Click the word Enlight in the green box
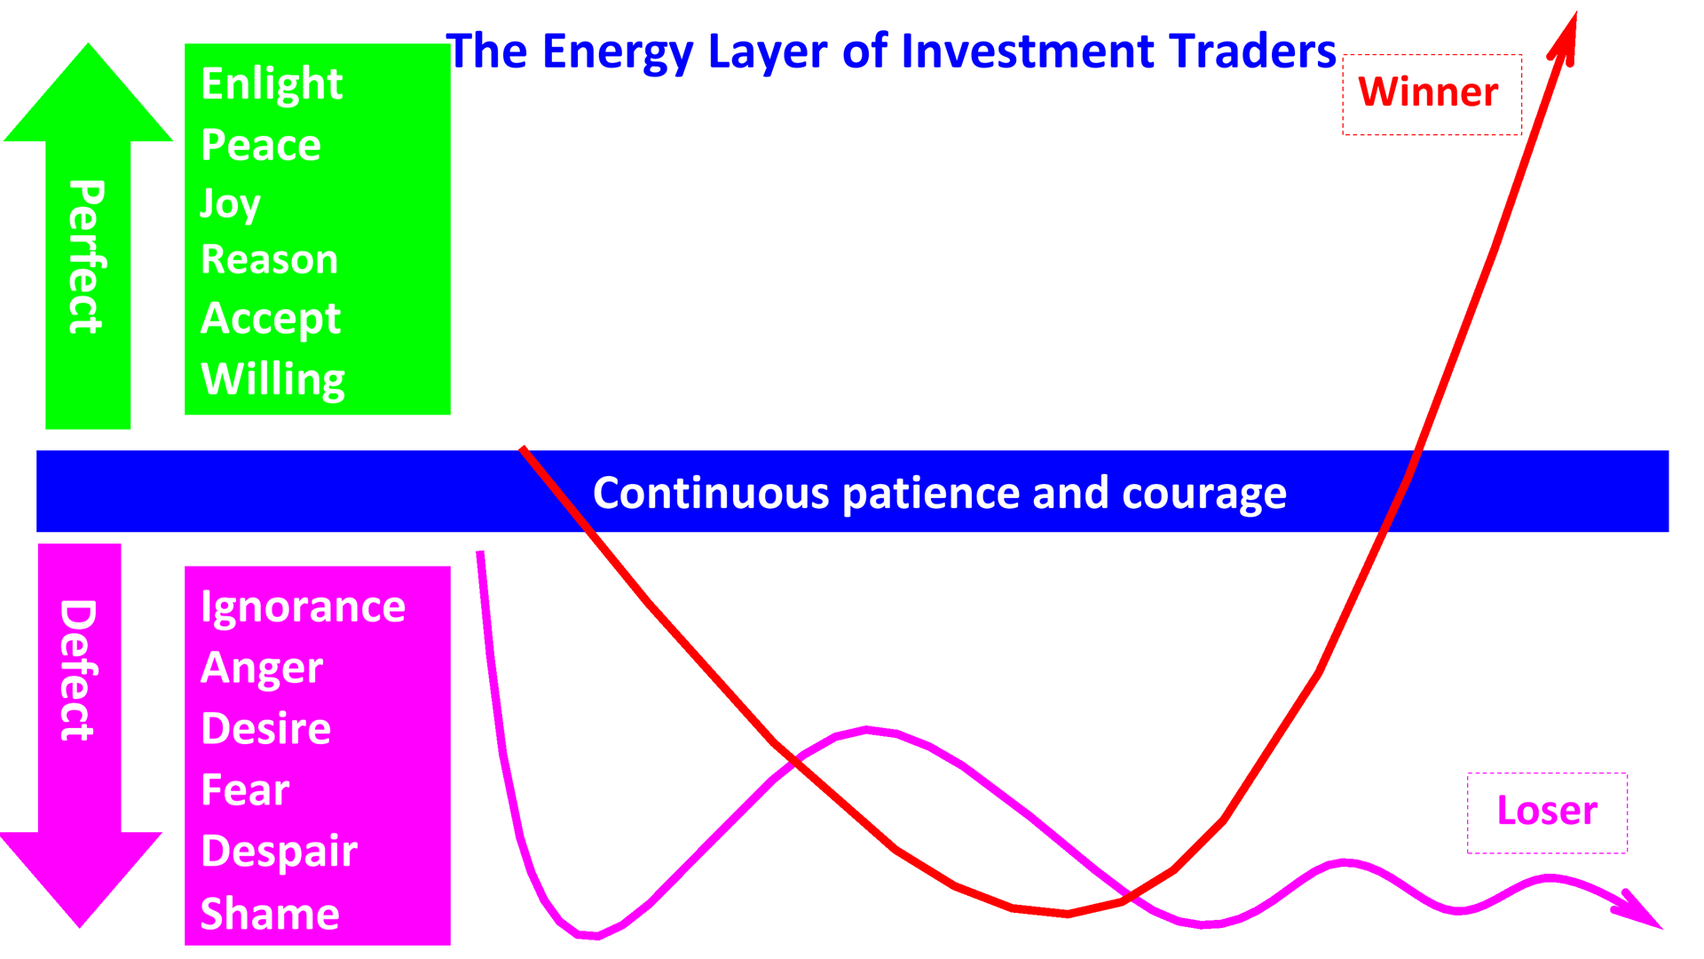(272, 84)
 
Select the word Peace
(261, 145)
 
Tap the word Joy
(230, 204)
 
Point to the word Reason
(269, 259)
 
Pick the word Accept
(271, 318)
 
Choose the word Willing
(272, 379)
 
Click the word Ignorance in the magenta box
(303, 607)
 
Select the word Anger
(262, 668)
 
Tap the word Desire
(265, 729)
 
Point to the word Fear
(245, 789)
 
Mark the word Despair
(279, 851)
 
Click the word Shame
(270, 914)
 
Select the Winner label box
(1431, 94)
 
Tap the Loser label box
(1547, 812)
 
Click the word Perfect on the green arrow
(87, 257)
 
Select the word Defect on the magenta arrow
(78, 670)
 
